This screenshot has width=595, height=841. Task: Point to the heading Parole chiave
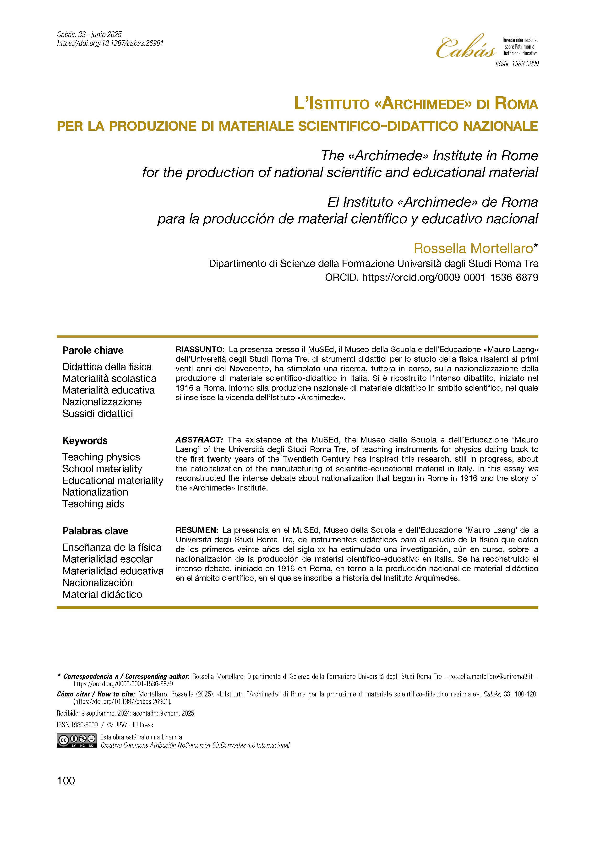click(x=93, y=350)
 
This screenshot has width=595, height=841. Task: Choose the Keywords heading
click(x=85, y=441)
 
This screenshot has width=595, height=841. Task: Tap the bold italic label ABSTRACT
click(x=199, y=440)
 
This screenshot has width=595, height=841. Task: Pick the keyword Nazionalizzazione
click(x=102, y=402)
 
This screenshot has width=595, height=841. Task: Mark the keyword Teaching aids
click(x=93, y=504)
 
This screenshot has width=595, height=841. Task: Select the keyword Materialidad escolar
click(x=107, y=559)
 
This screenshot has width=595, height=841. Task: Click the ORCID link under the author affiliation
click(x=450, y=278)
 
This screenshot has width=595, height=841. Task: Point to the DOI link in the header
click(x=110, y=43)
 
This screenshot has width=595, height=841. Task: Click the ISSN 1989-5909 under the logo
click(x=517, y=64)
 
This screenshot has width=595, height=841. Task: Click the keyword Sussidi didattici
click(x=98, y=414)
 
